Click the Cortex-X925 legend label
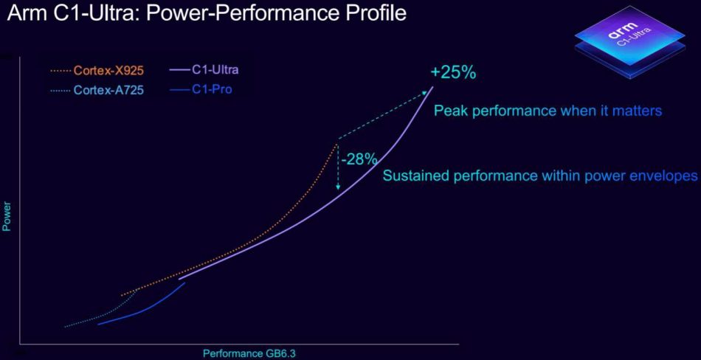(108, 71)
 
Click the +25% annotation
(454, 73)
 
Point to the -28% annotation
(360, 159)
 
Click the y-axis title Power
(7, 218)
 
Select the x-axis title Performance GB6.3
(244, 353)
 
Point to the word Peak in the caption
(449, 111)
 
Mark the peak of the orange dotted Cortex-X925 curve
(337, 142)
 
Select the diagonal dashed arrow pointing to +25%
(384, 114)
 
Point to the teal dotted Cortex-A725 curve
(96, 316)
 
